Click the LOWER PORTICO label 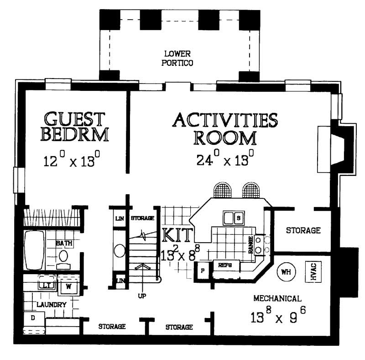click(x=177, y=58)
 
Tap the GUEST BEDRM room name click(x=75, y=127)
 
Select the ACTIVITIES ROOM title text click(x=225, y=128)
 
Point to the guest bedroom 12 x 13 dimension click(x=72, y=161)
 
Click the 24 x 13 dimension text click(x=225, y=160)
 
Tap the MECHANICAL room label click(x=277, y=299)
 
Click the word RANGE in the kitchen click(x=251, y=246)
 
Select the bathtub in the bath click(x=33, y=250)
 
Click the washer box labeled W click(x=69, y=287)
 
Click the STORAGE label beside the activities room click(x=303, y=230)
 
